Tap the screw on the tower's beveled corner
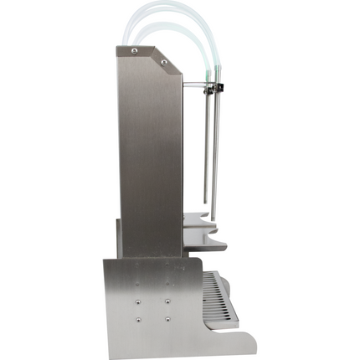(164, 61)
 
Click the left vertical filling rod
(206, 151)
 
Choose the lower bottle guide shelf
(206, 244)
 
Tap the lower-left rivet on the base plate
(138, 319)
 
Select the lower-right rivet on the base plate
(167, 319)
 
